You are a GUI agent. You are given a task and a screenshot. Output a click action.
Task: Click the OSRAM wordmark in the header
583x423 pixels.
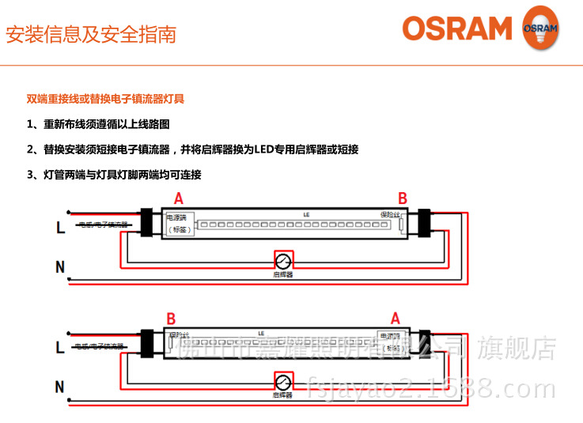[457, 29]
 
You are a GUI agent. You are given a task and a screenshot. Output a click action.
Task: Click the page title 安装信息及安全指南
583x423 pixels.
[91, 35]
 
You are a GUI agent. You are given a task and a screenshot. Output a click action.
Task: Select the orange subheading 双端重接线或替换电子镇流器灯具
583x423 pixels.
[106, 100]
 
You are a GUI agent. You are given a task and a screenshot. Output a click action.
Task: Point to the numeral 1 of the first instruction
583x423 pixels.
[30, 125]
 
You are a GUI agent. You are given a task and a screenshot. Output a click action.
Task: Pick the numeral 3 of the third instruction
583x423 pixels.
[30, 175]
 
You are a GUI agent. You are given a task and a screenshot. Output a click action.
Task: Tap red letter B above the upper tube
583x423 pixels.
[402, 198]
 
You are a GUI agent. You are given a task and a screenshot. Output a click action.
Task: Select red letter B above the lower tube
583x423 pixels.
[170, 319]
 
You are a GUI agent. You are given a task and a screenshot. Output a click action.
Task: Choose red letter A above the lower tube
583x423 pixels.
[396, 319]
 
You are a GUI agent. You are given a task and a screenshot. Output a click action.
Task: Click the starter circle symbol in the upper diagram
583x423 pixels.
[282, 260]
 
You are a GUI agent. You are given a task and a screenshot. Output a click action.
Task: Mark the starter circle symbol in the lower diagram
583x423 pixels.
[282, 380]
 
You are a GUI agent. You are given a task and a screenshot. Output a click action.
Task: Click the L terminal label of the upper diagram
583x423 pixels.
[60, 228]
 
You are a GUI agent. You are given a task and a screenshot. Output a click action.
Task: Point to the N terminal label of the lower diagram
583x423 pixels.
[60, 387]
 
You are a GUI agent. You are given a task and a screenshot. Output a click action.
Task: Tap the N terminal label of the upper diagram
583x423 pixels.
[60, 267]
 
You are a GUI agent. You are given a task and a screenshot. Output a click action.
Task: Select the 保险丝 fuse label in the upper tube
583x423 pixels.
[390, 214]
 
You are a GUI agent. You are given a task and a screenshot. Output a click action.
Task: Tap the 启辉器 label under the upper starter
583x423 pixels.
[282, 274]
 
